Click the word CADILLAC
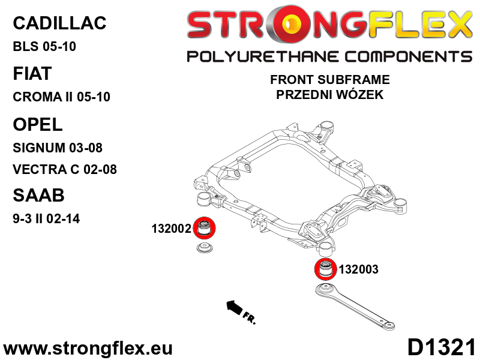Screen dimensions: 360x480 tap(59, 23)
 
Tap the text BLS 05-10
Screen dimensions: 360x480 tap(44, 47)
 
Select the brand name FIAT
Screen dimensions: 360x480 tap(32, 74)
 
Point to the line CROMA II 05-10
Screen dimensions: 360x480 tap(61, 97)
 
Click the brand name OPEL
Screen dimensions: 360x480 tap(37, 124)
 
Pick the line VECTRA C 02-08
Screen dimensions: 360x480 tap(64, 170)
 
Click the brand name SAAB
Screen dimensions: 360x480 tap(38, 196)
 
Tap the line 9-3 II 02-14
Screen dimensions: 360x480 tap(46, 219)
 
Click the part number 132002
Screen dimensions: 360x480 tap(171, 229)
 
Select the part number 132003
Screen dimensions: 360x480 tap(359, 269)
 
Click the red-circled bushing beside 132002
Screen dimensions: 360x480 tap(205, 228)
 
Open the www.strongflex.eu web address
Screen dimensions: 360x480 tap(88, 348)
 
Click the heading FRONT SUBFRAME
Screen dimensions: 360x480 tap(329, 80)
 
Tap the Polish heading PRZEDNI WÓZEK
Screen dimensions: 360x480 tap(329, 95)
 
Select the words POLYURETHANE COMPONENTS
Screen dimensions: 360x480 tap(329, 57)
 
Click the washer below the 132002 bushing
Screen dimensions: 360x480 tap(206, 248)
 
